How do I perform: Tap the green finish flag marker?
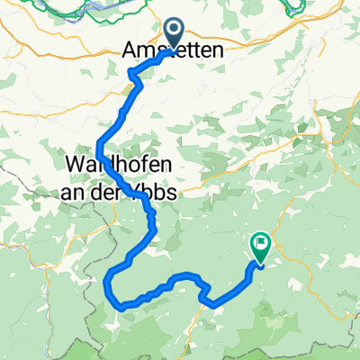261,244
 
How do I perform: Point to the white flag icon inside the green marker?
262,240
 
